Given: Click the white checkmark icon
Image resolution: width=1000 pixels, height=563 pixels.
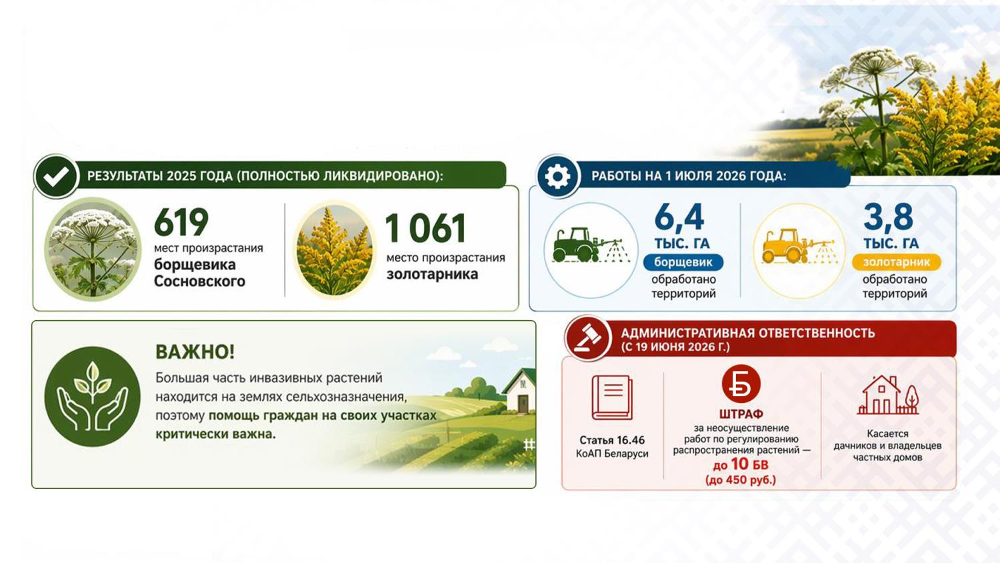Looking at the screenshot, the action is coord(56,177).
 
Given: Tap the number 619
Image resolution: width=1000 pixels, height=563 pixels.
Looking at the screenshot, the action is coord(181,222).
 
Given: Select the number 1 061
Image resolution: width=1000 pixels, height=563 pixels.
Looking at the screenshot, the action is coord(425,228).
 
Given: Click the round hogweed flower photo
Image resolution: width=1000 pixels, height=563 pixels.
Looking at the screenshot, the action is coord(93,249).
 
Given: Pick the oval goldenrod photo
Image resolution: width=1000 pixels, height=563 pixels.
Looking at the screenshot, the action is coord(335,249).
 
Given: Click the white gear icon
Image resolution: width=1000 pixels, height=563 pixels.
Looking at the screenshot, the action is coord(557,177).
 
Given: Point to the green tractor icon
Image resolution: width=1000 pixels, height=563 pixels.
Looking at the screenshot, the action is coord(590,245).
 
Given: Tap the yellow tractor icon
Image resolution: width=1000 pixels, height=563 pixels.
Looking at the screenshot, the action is coord(799,245).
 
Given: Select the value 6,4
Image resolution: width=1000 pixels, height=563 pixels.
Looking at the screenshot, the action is coord(679,217).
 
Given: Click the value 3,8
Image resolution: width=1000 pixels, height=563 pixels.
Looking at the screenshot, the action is coord(888,217).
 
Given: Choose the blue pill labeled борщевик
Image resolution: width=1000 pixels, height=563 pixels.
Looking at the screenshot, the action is coord(683,262).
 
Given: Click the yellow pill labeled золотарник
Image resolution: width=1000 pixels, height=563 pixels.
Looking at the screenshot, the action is coord(897,262).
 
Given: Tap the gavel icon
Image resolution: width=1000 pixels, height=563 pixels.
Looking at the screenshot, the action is coord(587,339).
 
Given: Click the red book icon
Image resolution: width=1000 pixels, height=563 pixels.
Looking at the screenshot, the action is coord(612,397).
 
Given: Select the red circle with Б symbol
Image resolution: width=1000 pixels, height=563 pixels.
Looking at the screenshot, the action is coord(741,384).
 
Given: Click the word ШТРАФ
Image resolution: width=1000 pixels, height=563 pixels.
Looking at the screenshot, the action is coord(741,414).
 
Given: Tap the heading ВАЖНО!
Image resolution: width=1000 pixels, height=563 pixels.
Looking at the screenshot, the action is coord(195,352).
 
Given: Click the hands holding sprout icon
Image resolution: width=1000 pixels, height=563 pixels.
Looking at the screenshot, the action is coord(93,396).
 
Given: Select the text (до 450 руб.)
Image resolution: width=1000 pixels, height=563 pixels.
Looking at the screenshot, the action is coord(741,480).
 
